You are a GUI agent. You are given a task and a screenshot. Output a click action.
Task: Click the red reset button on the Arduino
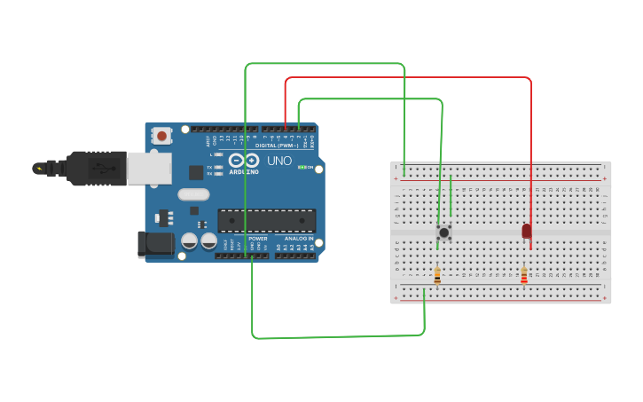point(161,136)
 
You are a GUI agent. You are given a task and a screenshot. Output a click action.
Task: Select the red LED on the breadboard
point(526,231)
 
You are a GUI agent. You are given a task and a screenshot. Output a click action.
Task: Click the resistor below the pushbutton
point(436,276)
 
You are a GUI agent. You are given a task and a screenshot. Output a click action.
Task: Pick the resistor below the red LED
point(524,276)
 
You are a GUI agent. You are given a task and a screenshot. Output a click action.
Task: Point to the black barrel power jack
point(154,244)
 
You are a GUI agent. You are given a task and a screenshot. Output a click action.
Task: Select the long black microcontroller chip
point(267,220)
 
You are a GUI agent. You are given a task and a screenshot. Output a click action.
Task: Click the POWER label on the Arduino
point(257,239)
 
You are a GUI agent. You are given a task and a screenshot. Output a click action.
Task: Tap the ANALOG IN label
point(299,239)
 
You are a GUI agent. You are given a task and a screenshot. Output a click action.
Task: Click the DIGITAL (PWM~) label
point(278,146)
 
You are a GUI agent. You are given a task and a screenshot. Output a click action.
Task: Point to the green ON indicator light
point(302,167)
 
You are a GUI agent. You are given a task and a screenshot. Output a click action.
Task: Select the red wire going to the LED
point(408,78)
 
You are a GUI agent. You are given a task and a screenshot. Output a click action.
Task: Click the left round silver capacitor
point(190,240)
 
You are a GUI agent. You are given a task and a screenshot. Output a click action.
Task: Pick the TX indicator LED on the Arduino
point(218,167)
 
